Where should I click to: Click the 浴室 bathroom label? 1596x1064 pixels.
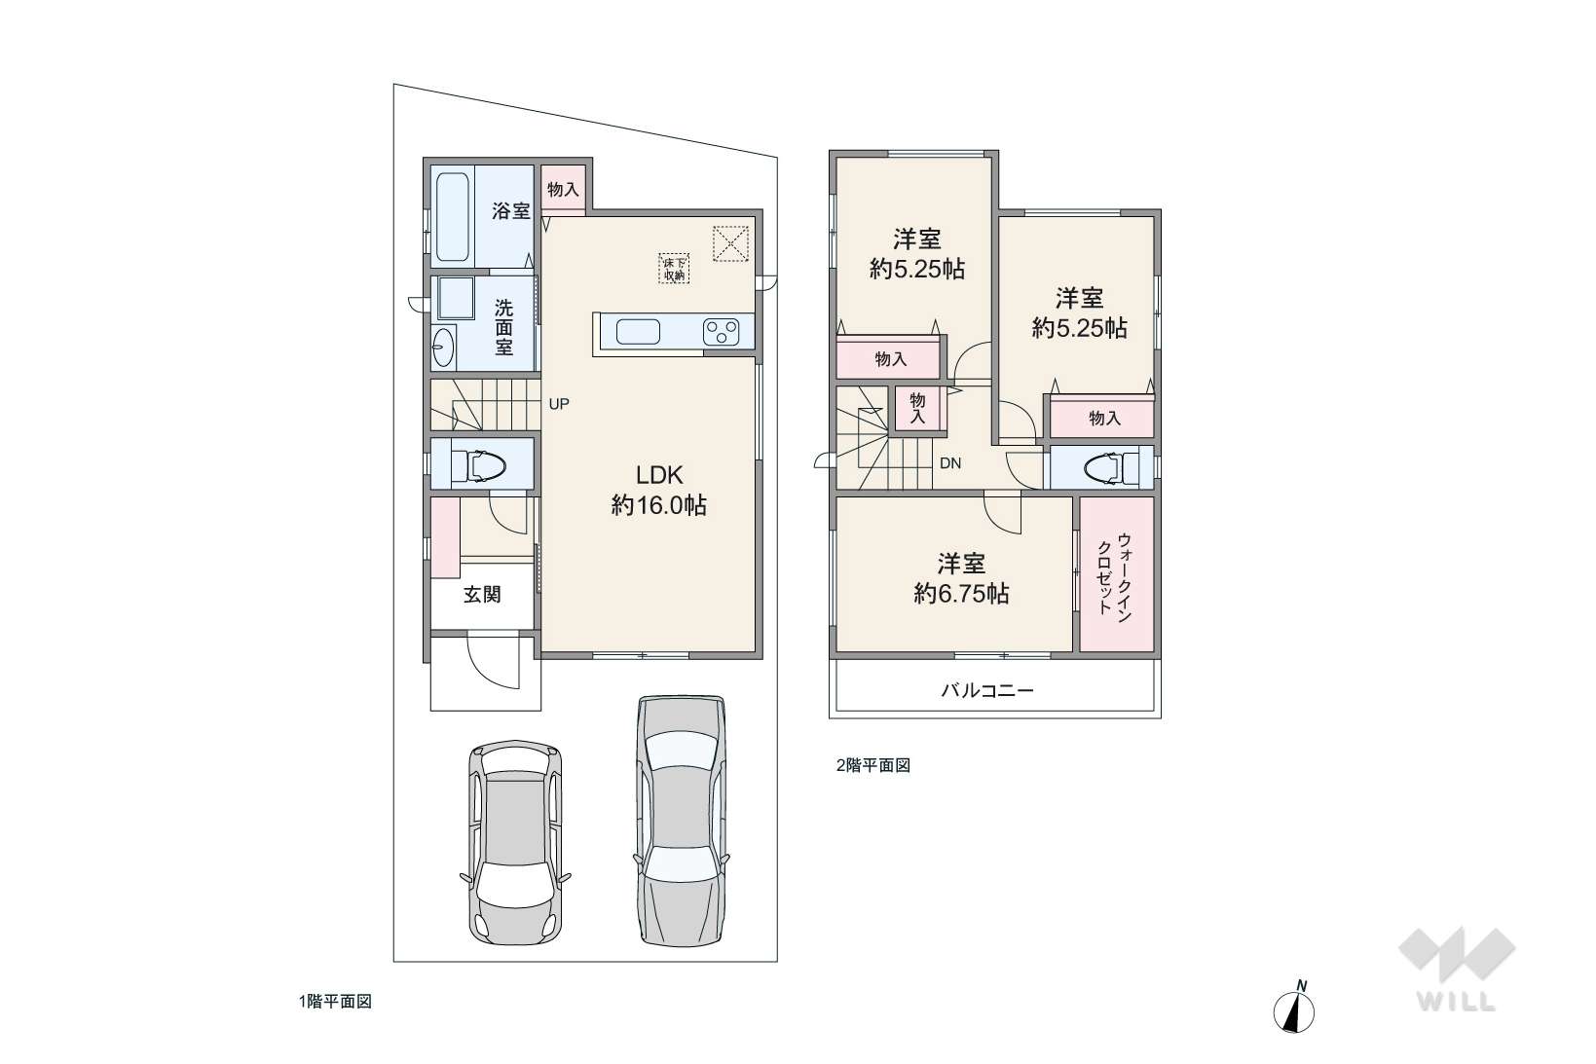[x=511, y=211]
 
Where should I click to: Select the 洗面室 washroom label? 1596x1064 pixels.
[x=503, y=328]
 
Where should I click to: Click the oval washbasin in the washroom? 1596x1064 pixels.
[x=442, y=347]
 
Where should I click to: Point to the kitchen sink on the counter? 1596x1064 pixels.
[x=638, y=332]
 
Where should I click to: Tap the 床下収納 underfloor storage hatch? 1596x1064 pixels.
[x=674, y=269]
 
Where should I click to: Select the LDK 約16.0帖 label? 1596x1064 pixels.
[x=659, y=490]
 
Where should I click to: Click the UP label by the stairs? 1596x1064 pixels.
[x=559, y=404]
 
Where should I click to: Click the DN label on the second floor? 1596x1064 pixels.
[x=949, y=463]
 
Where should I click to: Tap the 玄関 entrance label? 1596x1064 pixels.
[x=482, y=594]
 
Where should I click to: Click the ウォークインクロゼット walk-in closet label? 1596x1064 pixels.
[x=1115, y=573]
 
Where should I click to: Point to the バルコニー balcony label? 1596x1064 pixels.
[x=987, y=690]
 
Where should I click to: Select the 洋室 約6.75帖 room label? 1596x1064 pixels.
[x=961, y=578]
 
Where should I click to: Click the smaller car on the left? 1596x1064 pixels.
[x=515, y=842]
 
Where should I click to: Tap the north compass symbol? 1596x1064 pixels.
[x=1294, y=1007]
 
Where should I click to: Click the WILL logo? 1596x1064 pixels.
[x=1457, y=969]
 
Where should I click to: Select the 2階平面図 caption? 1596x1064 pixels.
[x=873, y=765]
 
